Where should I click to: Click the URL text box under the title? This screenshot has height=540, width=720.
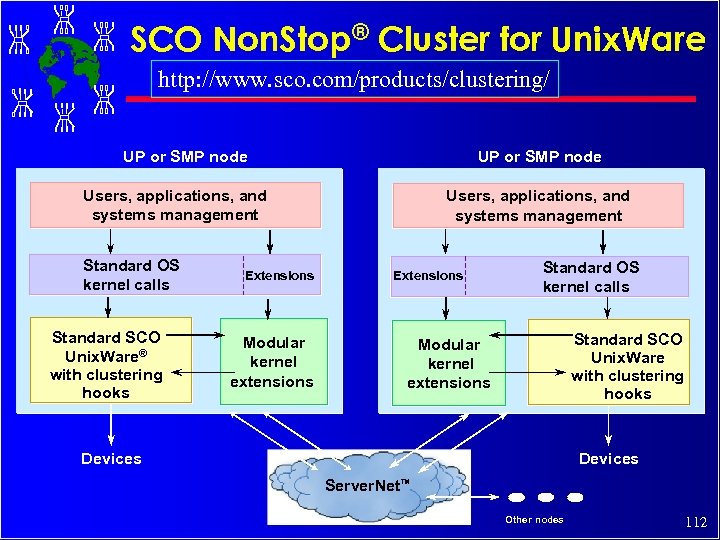click(x=354, y=80)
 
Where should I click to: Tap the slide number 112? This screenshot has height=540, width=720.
click(x=696, y=522)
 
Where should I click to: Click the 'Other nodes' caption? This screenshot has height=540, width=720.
click(x=534, y=519)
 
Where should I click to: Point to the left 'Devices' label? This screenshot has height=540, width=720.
click(x=111, y=459)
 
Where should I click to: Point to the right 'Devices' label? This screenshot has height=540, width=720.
click(x=608, y=459)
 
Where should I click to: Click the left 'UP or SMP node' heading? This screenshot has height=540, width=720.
click(x=185, y=156)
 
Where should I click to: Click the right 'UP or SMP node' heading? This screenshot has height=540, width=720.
click(x=540, y=156)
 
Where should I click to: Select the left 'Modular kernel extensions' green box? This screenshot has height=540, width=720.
click(x=273, y=361)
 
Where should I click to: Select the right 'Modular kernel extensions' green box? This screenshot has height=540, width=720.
click(x=449, y=362)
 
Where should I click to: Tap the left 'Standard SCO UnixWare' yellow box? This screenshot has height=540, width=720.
click(x=110, y=360)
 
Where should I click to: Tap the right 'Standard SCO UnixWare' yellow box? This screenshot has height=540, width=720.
click(x=608, y=361)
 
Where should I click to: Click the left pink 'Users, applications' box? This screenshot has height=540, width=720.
click(x=176, y=205)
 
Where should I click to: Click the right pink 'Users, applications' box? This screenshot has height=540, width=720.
click(x=538, y=206)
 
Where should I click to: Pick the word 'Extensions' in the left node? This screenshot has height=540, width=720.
click(x=280, y=275)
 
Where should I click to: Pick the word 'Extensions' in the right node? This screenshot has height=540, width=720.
click(x=428, y=275)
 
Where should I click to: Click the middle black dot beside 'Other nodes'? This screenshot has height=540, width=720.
click(x=546, y=497)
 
